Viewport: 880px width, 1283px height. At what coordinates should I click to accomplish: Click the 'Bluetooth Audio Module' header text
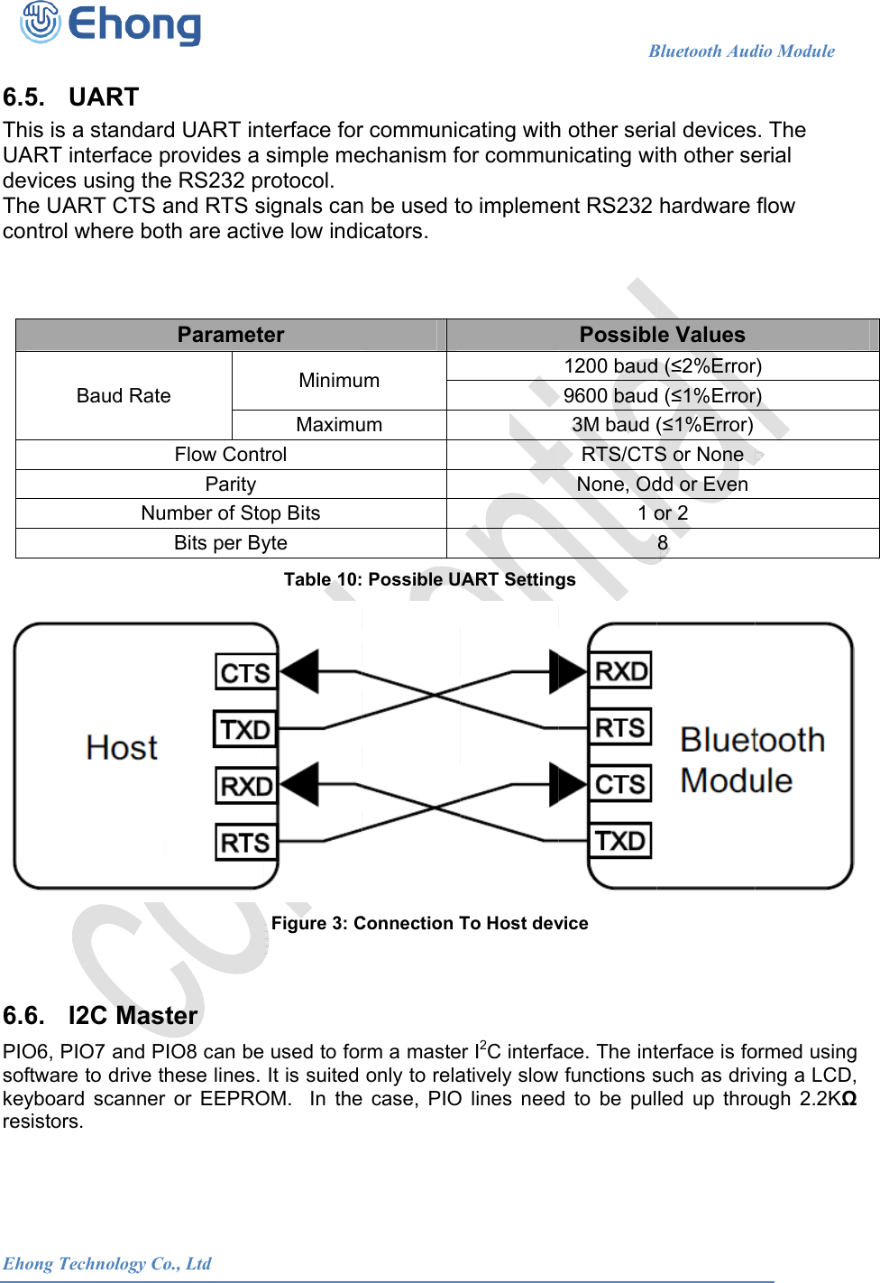(741, 51)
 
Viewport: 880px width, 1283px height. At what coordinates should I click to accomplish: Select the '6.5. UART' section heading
(71, 97)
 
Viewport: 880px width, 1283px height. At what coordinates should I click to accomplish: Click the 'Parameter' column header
(231, 335)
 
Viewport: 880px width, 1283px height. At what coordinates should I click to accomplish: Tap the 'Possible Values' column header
(662, 335)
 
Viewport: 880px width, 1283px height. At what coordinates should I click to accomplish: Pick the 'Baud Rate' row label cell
(124, 396)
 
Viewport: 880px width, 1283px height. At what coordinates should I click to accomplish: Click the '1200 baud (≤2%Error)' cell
(662, 365)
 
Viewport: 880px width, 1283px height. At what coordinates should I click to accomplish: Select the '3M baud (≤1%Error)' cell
(662, 425)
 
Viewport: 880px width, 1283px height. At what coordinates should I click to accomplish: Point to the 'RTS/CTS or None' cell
(662, 455)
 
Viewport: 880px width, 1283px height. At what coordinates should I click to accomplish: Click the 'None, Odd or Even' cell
(662, 485)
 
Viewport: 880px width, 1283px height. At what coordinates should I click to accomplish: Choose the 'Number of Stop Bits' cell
(231, 513)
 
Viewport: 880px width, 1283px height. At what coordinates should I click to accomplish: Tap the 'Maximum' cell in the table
(339, 425)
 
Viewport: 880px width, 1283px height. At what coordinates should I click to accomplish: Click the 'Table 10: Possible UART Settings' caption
(429, 579)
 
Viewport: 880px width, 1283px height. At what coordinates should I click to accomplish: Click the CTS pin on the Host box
(245, 673)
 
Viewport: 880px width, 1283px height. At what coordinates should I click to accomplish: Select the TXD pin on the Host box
(245, 729)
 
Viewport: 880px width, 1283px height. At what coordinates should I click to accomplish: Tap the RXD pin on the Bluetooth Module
(620, 671)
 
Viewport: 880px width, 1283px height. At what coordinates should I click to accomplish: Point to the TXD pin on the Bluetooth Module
(620, 841)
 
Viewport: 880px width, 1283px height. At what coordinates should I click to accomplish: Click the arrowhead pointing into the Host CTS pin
(299, 672)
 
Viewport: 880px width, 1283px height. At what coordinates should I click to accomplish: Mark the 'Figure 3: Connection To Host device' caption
(429, 923)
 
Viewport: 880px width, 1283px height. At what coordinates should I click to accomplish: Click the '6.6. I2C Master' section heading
(100, 1016)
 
